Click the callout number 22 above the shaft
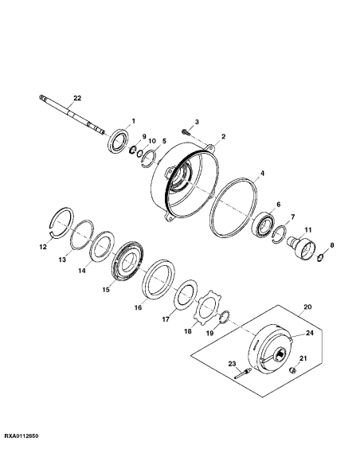[77, 98]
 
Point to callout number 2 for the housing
[223, 136]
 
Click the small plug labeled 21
[292, 371]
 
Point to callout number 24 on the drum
[310, 333]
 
